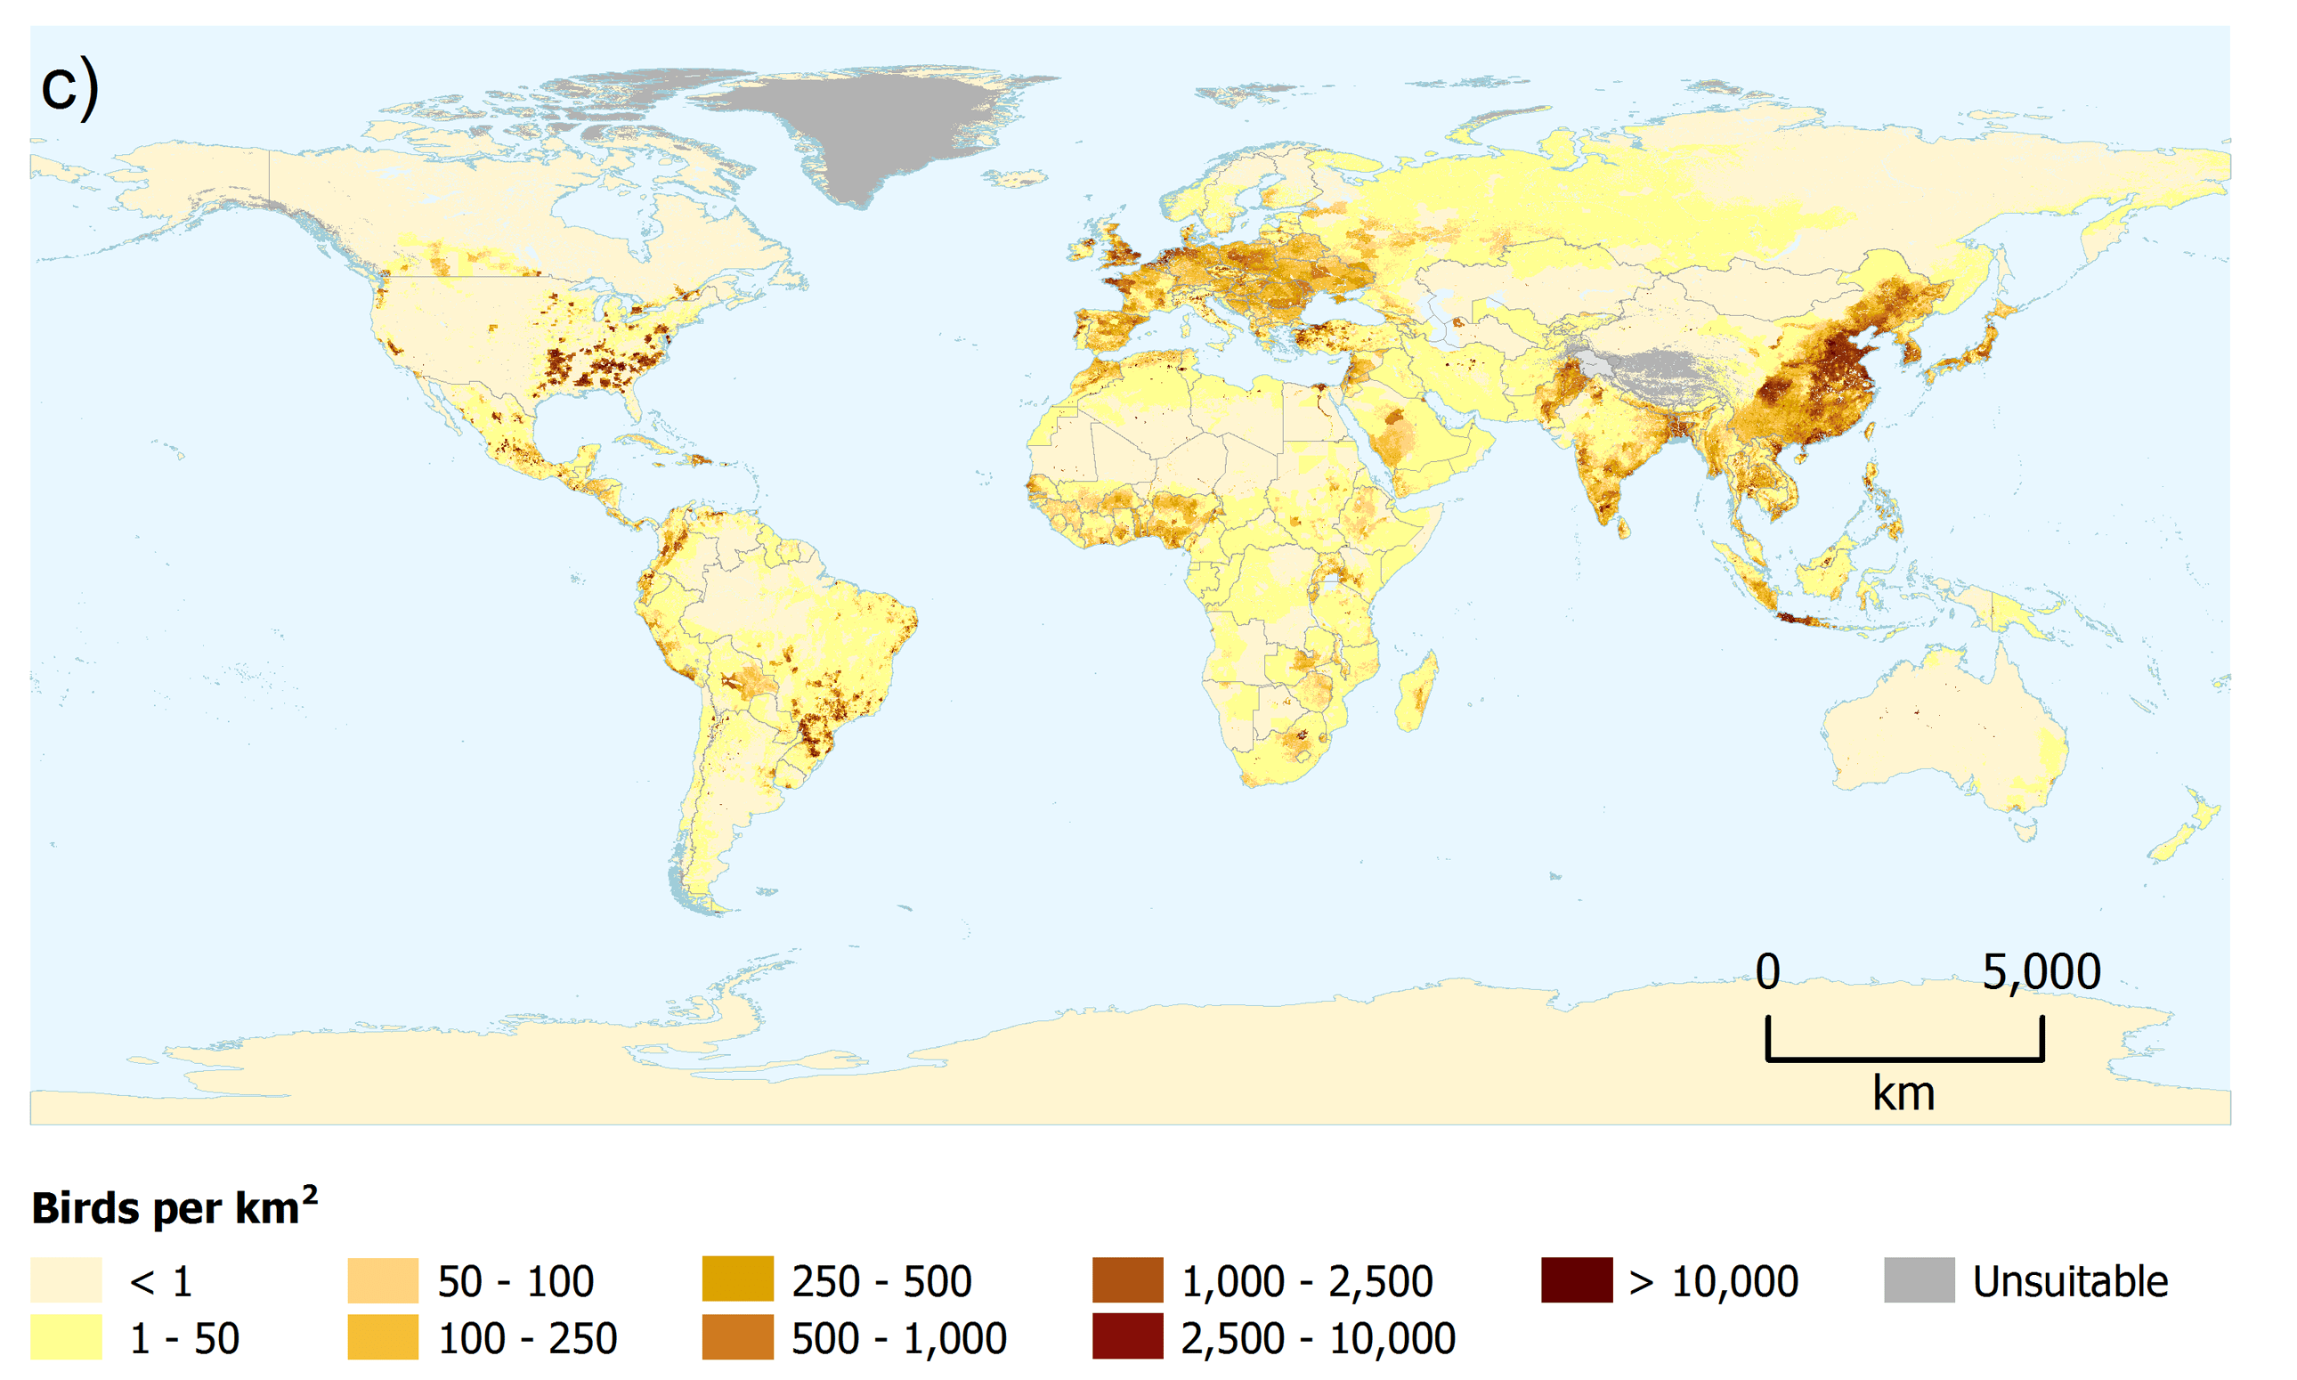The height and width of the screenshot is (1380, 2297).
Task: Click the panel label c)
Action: (x=69, y=86)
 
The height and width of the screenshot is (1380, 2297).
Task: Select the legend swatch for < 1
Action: (x=66, y=1280)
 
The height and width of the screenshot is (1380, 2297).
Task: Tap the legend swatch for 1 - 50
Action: (x=66, y=1337)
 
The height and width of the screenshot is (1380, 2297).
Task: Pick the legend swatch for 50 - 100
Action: (x=383, y=1280)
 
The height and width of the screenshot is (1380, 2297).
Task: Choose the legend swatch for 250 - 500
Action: (x=737, y=1279)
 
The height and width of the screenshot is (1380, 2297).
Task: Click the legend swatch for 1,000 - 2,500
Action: (x=1127, y=1280)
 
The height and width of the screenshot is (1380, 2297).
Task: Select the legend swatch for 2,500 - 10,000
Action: (x=1127, y=1337)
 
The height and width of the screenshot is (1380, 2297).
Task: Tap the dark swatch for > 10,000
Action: (x=1576, y=1280)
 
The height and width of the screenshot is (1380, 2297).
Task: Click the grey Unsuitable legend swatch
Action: (x=1919, y=1280)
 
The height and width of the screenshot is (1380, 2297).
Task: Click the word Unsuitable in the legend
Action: (x=2070, y=1281)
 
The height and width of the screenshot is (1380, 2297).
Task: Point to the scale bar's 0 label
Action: (x=1767, y=971)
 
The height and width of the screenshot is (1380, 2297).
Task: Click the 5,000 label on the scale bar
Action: (x=2041, y=971)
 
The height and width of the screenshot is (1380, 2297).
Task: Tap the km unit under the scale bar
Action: (x=1903, y=1093)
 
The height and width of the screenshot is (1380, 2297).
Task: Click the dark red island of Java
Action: (x=1802, y=620)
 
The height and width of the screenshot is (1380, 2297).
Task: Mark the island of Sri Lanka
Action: (x=1624, y=529)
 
